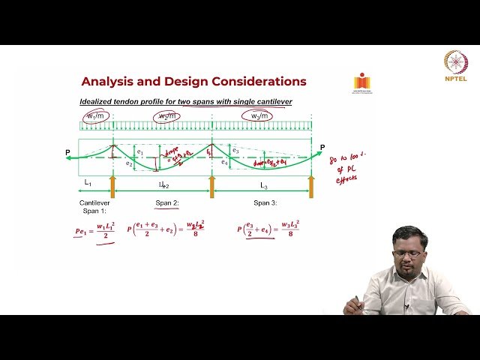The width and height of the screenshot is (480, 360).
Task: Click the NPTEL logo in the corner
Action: tap(455, 65)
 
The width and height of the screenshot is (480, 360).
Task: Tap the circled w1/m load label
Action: tap(95, 116)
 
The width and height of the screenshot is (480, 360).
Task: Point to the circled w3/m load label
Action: tap(256, 115)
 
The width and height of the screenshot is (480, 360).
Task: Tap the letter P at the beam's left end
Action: tap(67, 153)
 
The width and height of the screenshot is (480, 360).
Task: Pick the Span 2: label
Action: tap(167, 203)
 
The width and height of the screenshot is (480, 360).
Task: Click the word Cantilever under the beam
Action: tap(95, 203)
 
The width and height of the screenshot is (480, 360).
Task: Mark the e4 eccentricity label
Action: tap(224, 162)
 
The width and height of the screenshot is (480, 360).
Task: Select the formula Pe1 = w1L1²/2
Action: tap(95, 233)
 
